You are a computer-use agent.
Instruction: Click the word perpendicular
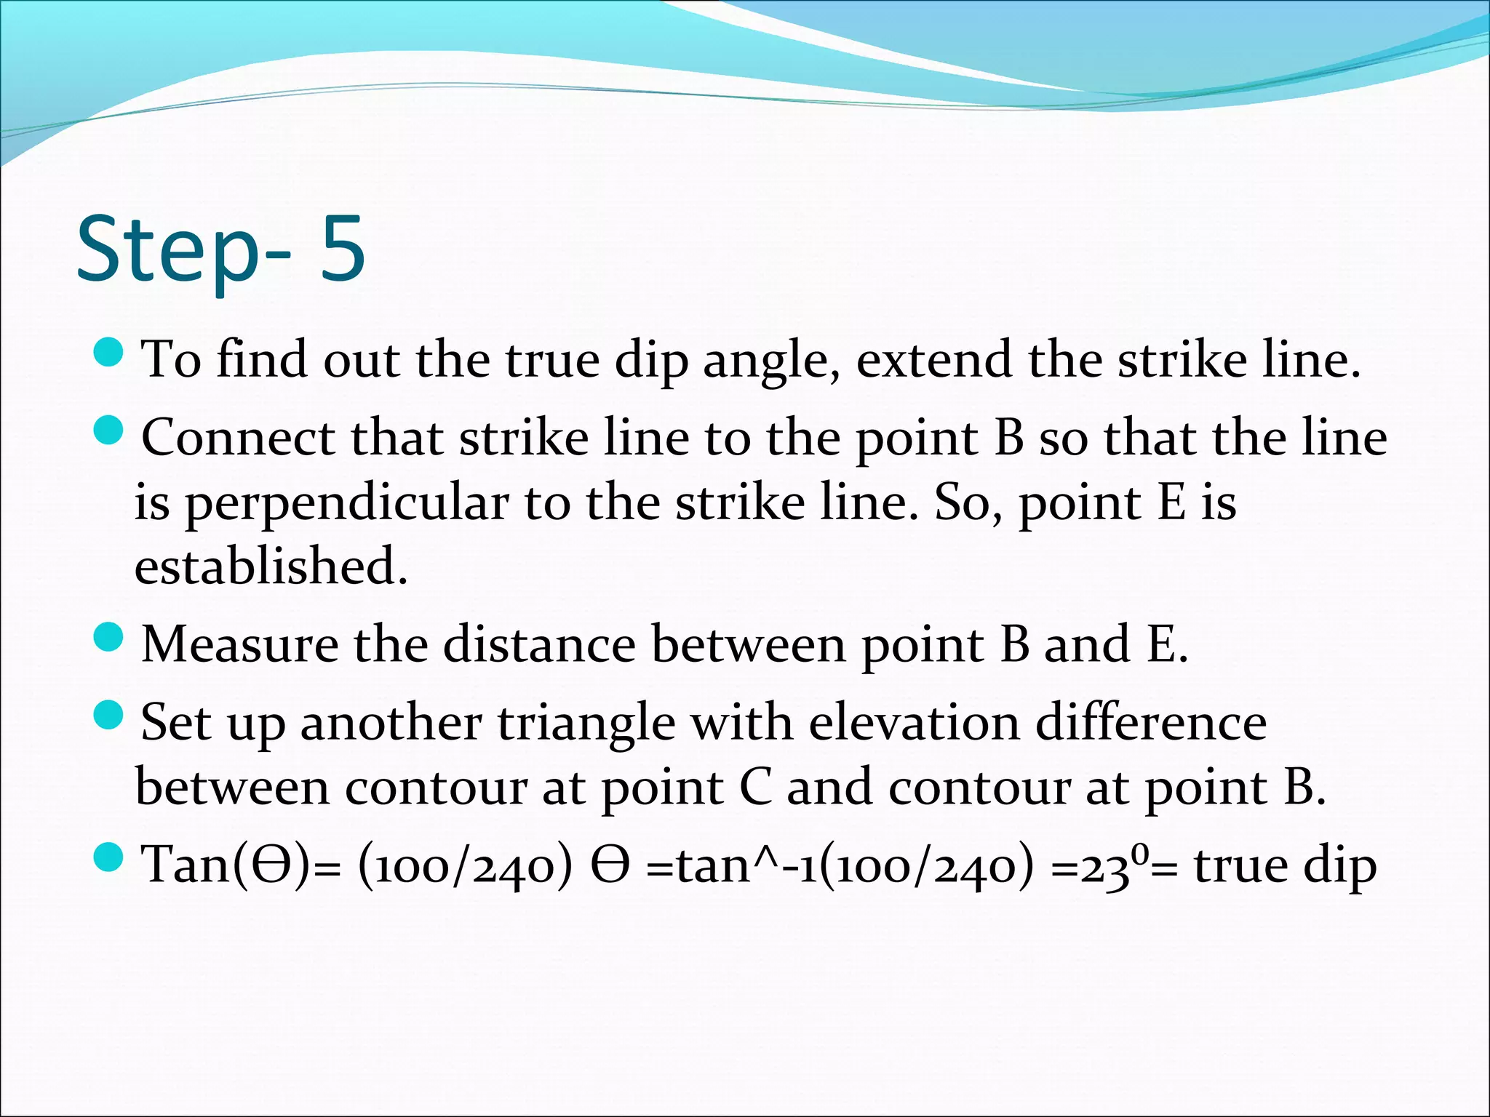(x=347, y=504)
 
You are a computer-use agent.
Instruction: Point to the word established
(x=271, y=566)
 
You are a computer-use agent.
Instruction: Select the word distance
(x=539, y=644)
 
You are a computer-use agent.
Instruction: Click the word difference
(x=1151, y=723)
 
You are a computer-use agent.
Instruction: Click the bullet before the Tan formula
(x=109, y=858)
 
